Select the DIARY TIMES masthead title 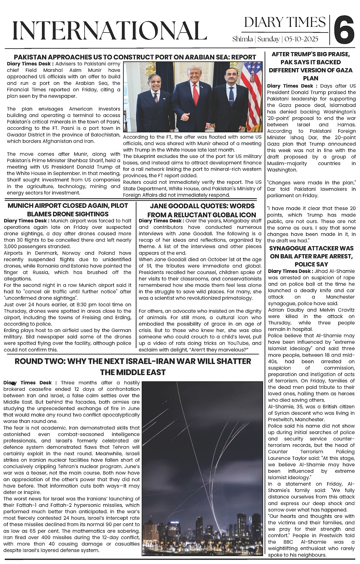coord(285,22)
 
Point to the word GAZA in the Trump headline coord(339,70)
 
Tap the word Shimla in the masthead coord(242,39)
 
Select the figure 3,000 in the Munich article coord(11,247)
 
